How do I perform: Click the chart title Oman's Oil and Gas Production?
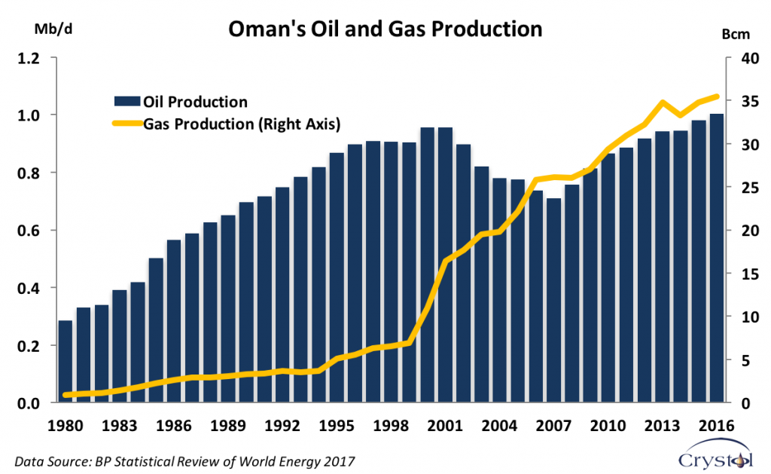coord(385,29)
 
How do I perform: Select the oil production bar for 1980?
coord(66,361)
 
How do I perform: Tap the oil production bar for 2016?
coord(717,258)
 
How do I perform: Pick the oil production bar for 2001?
coord(446,265)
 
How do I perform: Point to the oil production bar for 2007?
coord(553,300)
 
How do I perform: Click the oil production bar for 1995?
coord(337,277)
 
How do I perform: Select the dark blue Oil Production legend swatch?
coord(127,102)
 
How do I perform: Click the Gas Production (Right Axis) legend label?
coord(242,124)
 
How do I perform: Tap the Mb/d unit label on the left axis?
coord(53,29)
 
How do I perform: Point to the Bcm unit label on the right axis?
coord(736,35)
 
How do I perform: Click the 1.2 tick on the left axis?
coord(28,59)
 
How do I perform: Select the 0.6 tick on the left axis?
coord(28,231)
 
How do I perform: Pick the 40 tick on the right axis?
coord(751,59)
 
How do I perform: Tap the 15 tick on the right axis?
coord(751,274)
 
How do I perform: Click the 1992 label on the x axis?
coord(282,425)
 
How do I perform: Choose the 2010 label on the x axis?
coord(608,425)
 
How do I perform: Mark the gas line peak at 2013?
coord(663,102)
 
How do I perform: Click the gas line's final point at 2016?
coord(717,96)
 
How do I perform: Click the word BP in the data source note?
coord(102,462)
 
